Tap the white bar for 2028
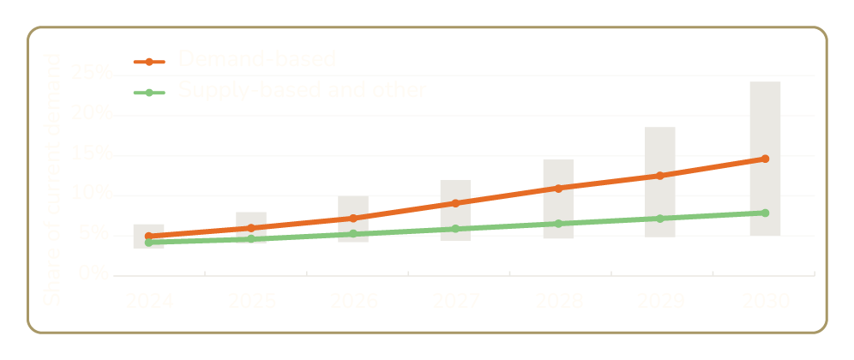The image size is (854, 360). coord(558,171)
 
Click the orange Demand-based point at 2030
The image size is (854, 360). coord(765,159)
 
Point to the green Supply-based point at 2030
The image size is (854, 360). coord(765,213)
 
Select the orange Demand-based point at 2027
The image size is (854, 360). coord(455,203)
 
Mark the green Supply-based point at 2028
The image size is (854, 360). coord(558,224)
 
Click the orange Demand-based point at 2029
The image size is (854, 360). coord(660,176)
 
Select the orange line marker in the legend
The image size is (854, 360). coord(149,61)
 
